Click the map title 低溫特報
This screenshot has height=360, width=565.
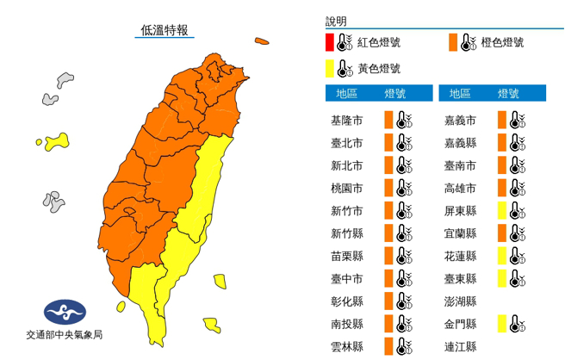[166, 30]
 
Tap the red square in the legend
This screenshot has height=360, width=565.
[330, 41]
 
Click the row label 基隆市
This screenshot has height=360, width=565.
[347, 120]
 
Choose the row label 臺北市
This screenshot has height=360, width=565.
[347, 143]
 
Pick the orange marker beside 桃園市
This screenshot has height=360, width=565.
[388, 188]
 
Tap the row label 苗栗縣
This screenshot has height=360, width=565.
[347, 256]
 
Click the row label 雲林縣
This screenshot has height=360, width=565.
[347, 345]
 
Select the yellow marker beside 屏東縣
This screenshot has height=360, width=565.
[501, 210]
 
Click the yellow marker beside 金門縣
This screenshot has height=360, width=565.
[501, 323]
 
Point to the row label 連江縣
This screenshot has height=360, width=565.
[460, 346]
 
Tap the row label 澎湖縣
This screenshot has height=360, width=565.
[460, 301]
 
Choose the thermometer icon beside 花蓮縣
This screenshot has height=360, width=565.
[515, 256]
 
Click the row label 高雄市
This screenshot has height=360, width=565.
[460, 188]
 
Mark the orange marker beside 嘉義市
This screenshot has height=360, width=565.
[501, 120]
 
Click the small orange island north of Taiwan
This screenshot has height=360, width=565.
[261, 40]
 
